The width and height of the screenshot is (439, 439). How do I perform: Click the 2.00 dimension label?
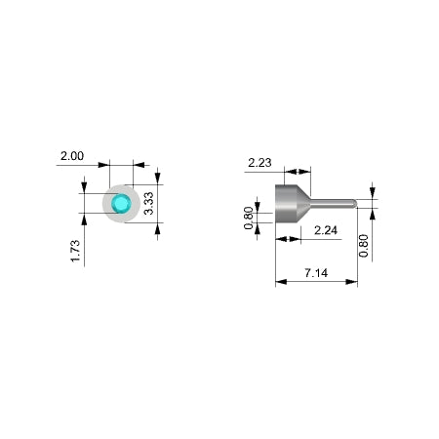point(72,156)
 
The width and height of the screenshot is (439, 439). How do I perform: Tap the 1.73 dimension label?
point(75,251)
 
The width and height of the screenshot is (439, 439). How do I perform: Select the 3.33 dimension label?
point(148,203)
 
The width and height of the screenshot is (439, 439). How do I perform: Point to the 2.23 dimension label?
point(259,163)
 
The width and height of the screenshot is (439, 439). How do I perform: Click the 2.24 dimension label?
point(326,230)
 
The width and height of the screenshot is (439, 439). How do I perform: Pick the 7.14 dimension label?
point(316,273)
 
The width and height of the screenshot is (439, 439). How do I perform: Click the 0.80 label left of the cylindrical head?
point(249,218)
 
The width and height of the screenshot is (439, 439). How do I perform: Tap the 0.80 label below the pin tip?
point(364,246)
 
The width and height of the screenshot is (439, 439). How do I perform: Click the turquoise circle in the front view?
point(121,204)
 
